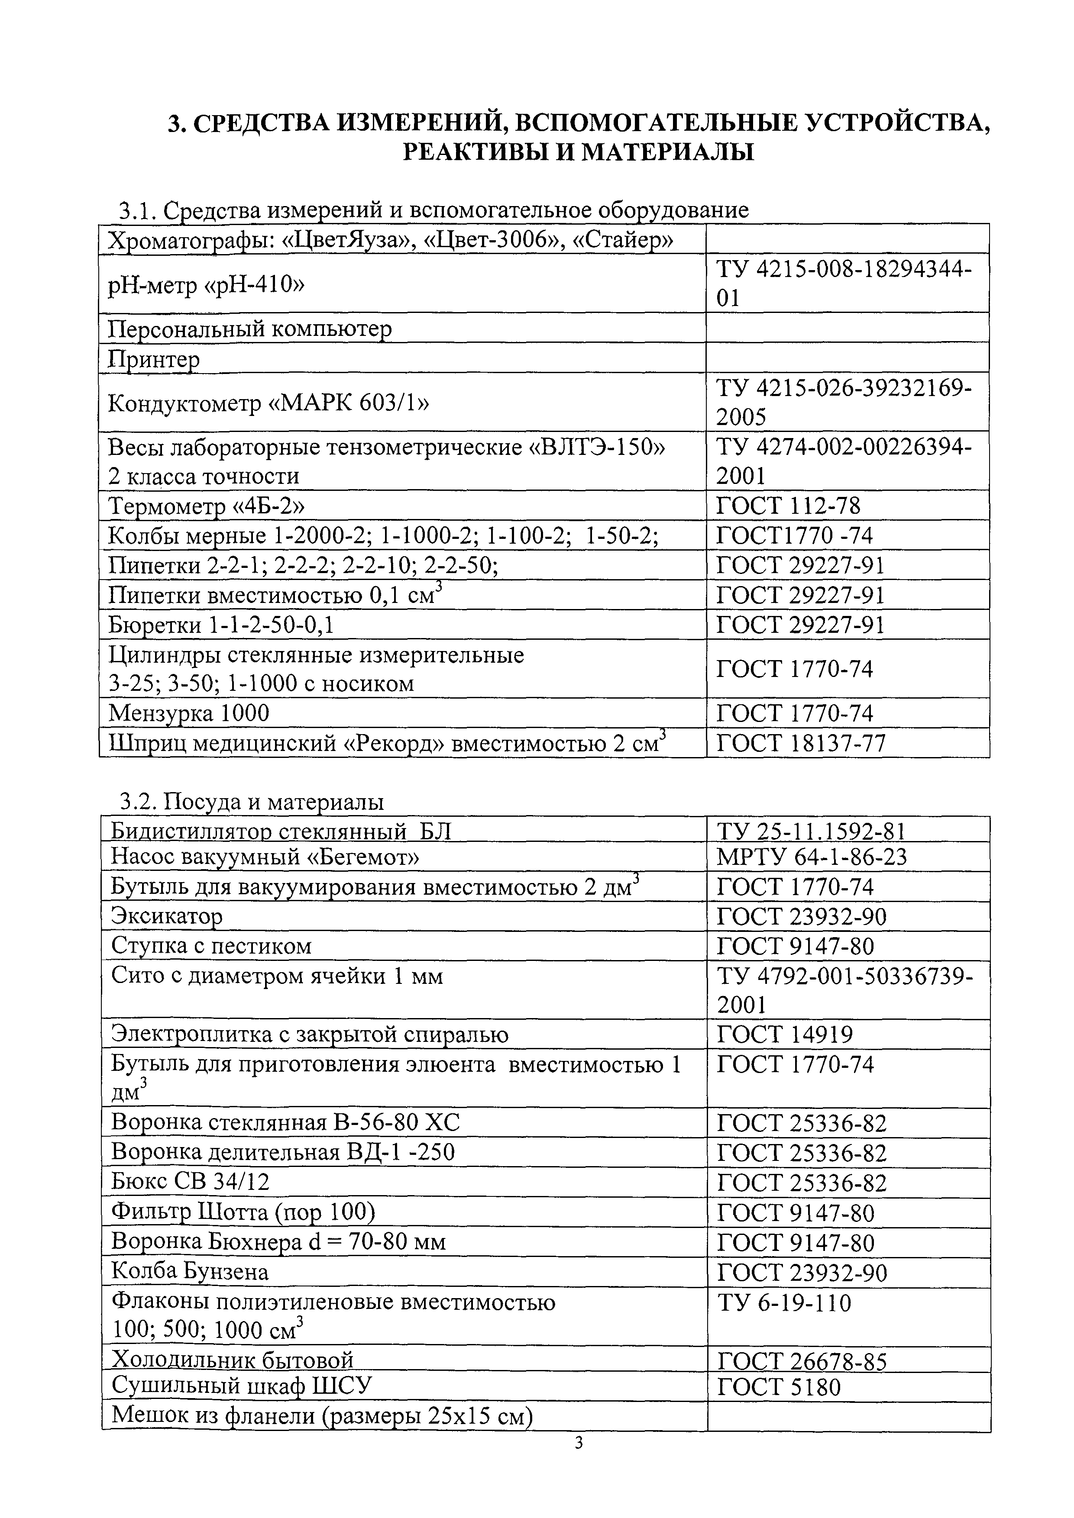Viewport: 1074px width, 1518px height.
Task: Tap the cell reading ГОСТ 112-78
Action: [788, 506]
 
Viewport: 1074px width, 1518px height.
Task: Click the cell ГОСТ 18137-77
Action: [800, 744]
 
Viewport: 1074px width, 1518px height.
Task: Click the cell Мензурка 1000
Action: [189, 713]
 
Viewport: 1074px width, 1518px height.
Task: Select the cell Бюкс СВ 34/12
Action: [191, 1182]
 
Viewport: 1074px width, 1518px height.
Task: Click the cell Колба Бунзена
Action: [190, 1271]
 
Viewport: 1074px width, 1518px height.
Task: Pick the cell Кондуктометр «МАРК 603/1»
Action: [268, 403]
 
